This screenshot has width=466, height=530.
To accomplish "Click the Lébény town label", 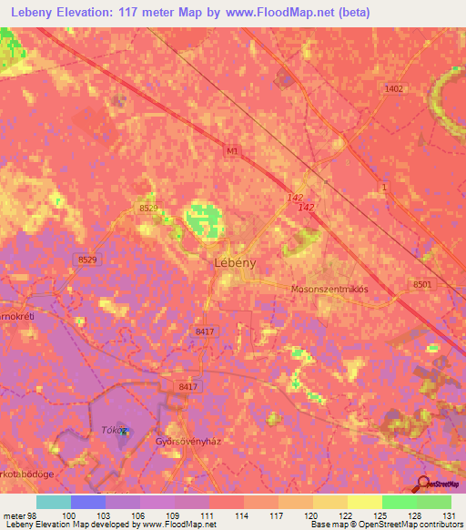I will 222,261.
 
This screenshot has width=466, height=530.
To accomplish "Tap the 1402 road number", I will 394,88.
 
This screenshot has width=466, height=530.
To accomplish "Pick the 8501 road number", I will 422,285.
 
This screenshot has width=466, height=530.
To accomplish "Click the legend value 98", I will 33,515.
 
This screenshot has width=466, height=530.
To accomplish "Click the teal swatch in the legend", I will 53,502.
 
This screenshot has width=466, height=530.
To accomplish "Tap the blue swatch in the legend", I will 87,502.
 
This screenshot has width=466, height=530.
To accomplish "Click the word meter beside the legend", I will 15,515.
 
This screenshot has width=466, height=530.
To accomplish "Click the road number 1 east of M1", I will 385,187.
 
